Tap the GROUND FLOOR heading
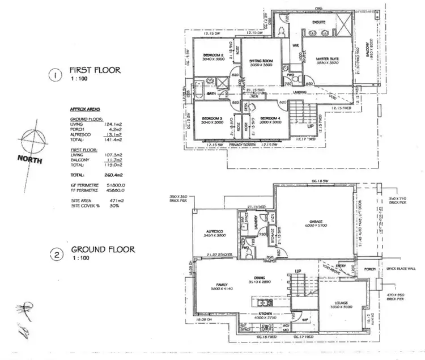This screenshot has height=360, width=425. [102, 249]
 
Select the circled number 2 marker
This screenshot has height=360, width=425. [56, 255]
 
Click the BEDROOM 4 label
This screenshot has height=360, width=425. [270, 118]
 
